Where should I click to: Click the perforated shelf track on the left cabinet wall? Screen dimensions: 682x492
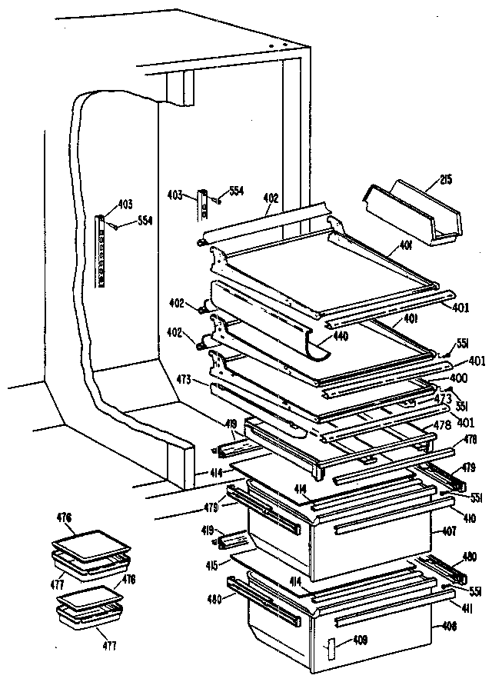100,250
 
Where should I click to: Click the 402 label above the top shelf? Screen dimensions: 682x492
270,198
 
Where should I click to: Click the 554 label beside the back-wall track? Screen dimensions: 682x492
236,191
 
